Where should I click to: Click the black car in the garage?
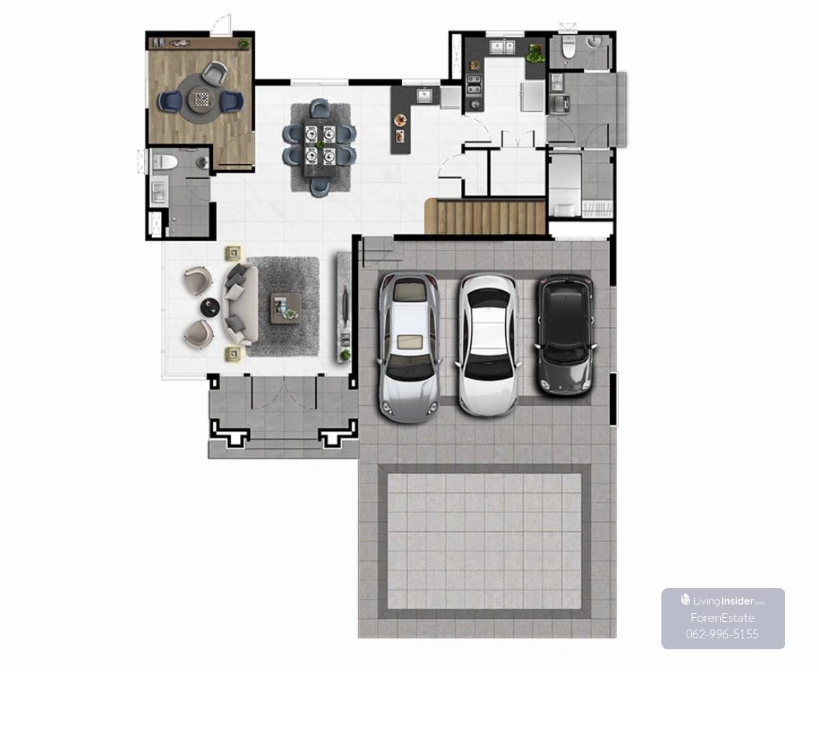tap(566, 335)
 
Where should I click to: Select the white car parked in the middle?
tap(488, 345)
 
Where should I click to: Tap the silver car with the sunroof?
tap(409, 347)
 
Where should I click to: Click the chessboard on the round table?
tap(201, 100)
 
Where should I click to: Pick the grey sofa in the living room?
tap(240, 304)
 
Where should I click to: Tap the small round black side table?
tap(210, 307)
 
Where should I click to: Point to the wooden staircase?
tap(485, 216)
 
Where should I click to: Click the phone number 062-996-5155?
tap(722, 634)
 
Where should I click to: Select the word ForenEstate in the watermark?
tap(722, 618)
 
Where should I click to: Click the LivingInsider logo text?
tap(723, 601)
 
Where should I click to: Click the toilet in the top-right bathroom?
tap(569, 48)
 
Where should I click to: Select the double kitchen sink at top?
tap(502, 47)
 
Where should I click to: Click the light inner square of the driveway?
tap(484, 541)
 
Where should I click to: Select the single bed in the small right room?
tap(565, 184)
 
